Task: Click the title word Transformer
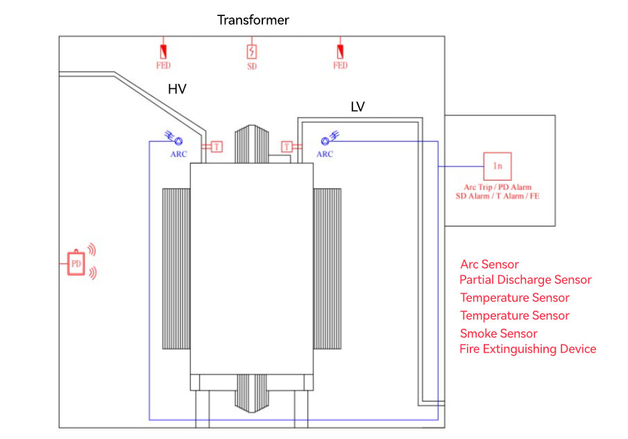(253, 20)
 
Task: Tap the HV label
(177, 89)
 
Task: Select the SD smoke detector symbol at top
(252, 52)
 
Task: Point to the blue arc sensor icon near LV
(326, 139)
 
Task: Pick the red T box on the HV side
(217, 147)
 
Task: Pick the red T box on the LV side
(287, 147)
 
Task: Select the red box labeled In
(497, 166)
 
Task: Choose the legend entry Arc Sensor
(489, 265)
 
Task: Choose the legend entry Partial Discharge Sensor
(525, 280)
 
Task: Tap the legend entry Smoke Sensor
(498, 333)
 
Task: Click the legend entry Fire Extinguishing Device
(527, 349)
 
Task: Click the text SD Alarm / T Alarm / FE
(498, 197)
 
